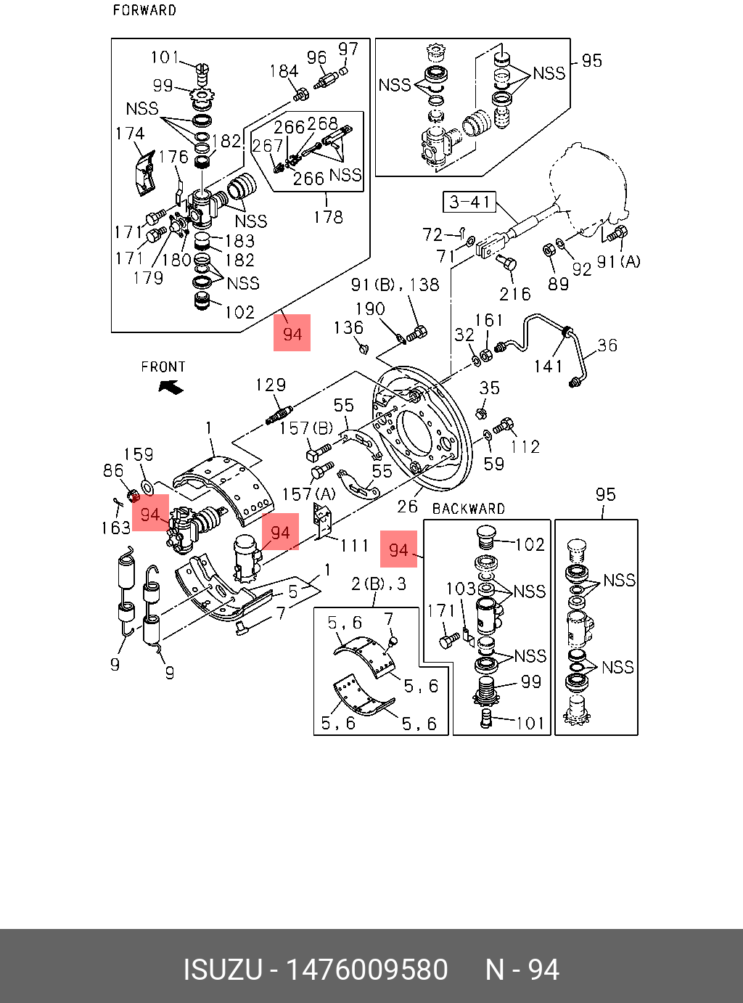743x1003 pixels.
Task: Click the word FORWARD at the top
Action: point(144,10)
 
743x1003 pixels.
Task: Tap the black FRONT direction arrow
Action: point(171,387)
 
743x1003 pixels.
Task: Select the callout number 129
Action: point(271,385)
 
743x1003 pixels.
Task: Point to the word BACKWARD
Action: point(468,509)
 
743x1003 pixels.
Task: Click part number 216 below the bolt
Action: point(514,294)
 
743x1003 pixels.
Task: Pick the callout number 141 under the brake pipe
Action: point(549,367)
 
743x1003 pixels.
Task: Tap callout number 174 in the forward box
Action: point(130,134)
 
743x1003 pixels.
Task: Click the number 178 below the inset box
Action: point(327,216)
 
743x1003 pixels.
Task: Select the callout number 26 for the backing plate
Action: point(408,506)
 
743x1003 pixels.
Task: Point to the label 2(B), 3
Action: point(379,584)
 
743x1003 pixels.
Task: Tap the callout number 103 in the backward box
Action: point(461,588)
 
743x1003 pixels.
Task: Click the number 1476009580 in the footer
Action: point(367,970)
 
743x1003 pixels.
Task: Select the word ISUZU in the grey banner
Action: point(222,970)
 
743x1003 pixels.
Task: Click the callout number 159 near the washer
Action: point(139,454)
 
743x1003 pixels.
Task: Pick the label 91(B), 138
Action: point(395,284)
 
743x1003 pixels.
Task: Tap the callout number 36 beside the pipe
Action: point(607,345)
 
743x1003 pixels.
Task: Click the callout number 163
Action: point(116,528)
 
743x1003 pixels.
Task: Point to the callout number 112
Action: point(525,446)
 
